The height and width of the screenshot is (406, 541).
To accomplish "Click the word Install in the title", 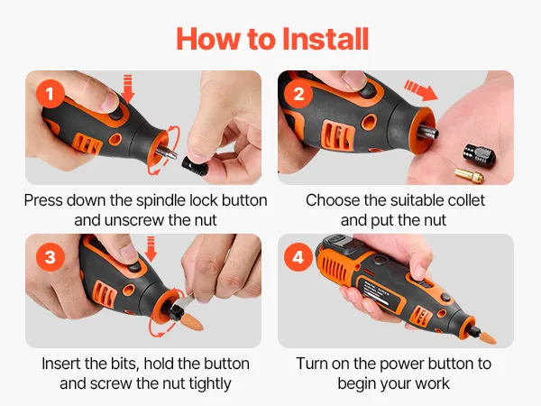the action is click(326, 39).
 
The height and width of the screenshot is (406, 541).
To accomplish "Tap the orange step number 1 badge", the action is click(50, 94).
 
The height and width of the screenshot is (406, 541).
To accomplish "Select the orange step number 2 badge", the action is click(298, 94).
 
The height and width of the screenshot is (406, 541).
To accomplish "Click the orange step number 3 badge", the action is click(50, 257).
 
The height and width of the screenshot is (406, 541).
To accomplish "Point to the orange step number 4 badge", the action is click(298, 257).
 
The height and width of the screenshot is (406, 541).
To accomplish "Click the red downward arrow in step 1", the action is click(128, 88).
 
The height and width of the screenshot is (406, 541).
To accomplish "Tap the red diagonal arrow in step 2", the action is click(420, 89).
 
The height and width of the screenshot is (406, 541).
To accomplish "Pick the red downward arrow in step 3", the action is click(151, 249).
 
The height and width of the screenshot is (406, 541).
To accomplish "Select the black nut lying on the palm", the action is click(480, 153).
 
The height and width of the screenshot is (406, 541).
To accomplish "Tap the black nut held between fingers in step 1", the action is click(195, 165).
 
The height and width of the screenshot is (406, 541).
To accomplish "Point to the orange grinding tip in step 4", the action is click(487, 337).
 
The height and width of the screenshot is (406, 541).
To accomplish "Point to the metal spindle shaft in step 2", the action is click(427, 132).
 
